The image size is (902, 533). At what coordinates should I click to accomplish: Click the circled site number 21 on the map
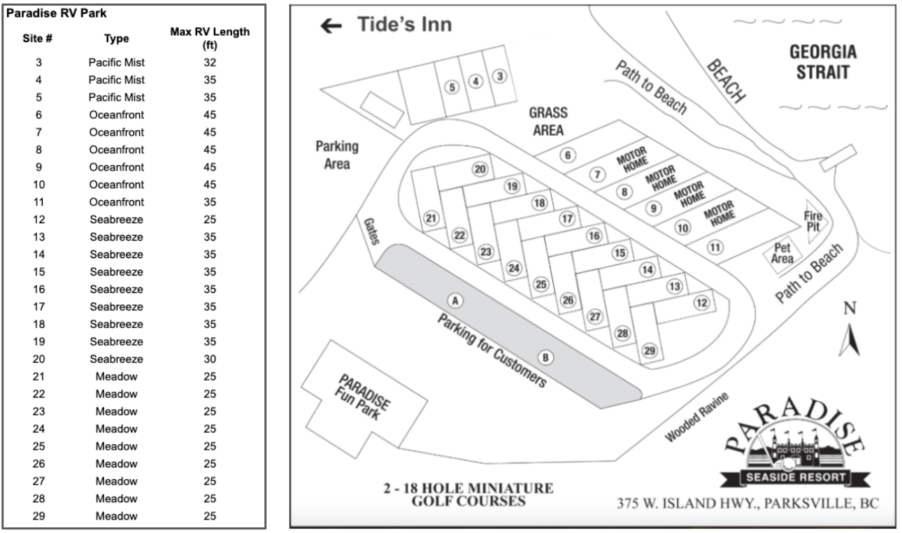(x=431, y=218)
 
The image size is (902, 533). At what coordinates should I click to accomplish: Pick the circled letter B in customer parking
(x=547, y=357)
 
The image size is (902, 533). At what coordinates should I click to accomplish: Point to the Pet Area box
(x=782, y=254)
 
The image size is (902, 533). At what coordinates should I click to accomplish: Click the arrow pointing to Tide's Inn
(x=331, y=26)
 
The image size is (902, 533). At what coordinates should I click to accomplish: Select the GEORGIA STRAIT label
(x=822, y=62)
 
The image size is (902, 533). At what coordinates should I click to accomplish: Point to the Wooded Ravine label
(x=696, y=417)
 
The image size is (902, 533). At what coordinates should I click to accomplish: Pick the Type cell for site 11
(x=116, y=202)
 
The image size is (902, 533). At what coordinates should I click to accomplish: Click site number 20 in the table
(x=39, y=359)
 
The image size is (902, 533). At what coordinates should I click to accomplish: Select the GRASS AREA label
(x=548, y=122)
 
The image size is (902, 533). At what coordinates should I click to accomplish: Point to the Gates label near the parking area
(x=371, y=231)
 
